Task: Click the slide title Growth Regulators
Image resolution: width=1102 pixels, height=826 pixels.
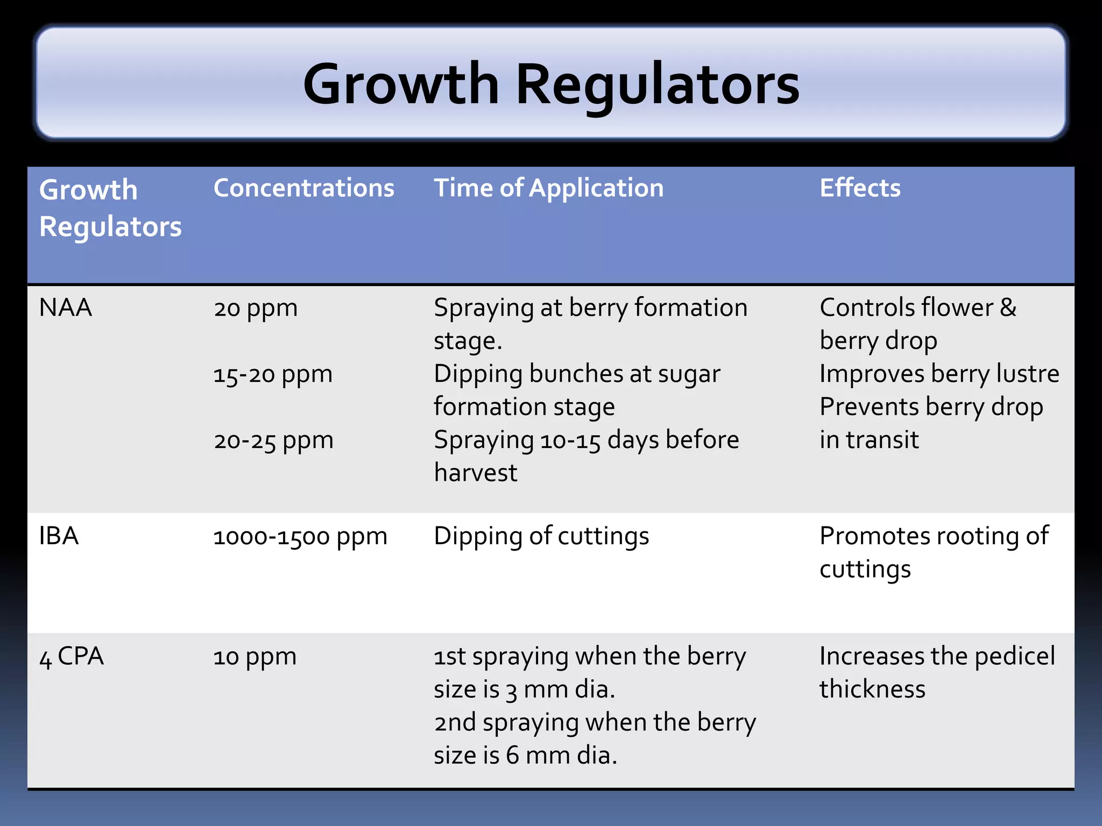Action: tap(551, 84)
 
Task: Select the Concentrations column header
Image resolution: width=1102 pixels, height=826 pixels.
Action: tap(303, 188)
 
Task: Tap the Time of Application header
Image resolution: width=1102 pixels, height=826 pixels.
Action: tap(548, 188)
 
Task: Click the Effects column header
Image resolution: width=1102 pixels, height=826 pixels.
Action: tap(859, 188)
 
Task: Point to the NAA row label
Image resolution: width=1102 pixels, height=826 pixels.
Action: tap(66, 308)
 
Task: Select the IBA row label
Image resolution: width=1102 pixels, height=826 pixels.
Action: tap(59, 536)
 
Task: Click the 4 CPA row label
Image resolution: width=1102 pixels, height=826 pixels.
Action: tap(72, 657)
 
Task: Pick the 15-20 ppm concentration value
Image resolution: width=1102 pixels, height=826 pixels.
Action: tap(273, 374)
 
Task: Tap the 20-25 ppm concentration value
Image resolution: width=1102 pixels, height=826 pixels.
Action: tap(273, 440)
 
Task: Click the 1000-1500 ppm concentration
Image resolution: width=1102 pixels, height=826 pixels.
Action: tap(300, 537)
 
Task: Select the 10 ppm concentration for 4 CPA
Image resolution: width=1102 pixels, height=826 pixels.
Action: tap(255, 657)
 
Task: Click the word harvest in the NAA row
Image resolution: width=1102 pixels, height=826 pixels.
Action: tap(476, 473)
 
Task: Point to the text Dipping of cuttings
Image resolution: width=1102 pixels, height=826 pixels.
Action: tap(541, 537)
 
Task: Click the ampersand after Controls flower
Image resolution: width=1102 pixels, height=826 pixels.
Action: tap(1008, 308)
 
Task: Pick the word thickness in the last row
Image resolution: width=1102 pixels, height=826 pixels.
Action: tap(872, 689)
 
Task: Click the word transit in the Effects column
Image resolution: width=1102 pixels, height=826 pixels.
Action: tap(882, 440)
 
